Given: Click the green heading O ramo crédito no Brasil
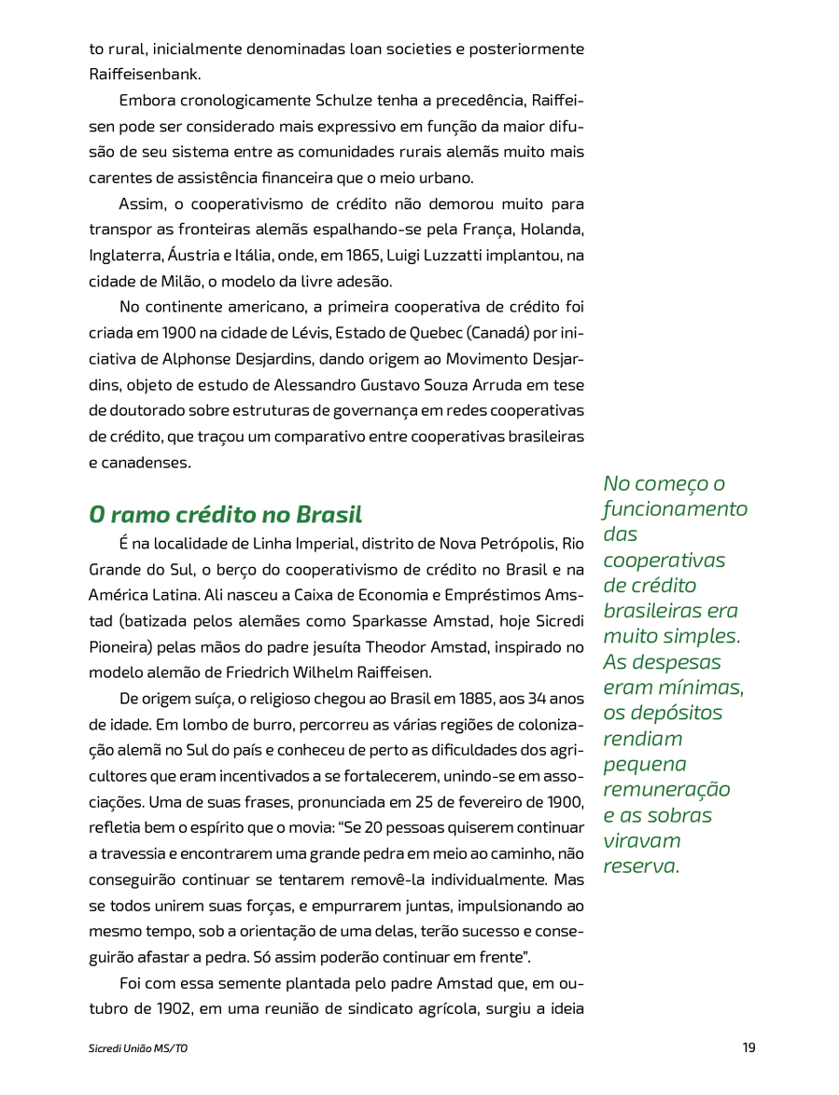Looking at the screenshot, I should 225,514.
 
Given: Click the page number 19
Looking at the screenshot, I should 748,1047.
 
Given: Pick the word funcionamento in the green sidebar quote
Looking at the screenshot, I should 675,509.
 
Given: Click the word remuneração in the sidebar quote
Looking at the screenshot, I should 666,789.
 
